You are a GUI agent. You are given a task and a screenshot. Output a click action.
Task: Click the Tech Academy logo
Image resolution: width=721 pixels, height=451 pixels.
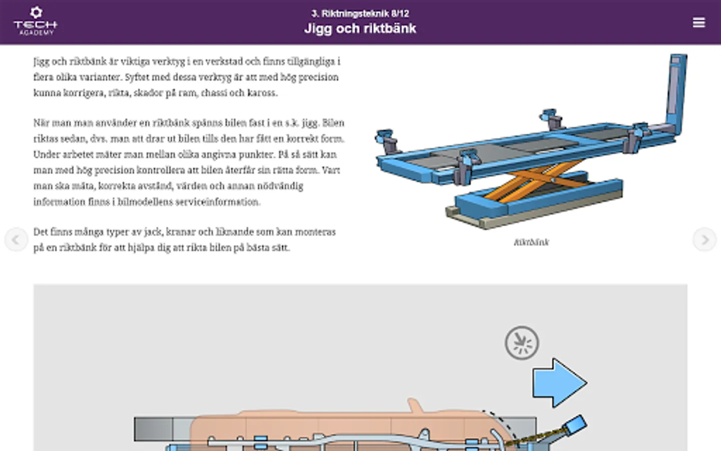[36, 21]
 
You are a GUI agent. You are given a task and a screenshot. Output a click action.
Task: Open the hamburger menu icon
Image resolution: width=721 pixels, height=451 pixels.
[699, 23]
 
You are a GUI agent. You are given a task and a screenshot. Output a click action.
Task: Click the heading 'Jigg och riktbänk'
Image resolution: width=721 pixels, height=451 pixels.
[360, 29]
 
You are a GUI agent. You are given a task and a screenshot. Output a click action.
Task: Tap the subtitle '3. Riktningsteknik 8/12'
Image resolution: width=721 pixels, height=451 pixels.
[360, 14]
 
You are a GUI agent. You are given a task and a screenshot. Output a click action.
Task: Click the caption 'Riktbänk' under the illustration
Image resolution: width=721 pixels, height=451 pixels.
[531, 242]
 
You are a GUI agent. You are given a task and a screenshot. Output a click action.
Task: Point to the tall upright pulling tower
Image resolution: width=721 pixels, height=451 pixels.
[676, 93]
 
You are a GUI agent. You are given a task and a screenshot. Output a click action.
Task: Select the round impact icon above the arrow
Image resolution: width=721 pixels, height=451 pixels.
[522, 343]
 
